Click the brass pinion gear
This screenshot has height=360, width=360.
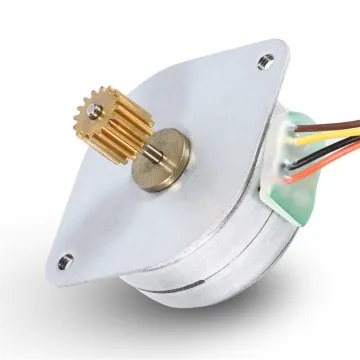coord(104,125)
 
